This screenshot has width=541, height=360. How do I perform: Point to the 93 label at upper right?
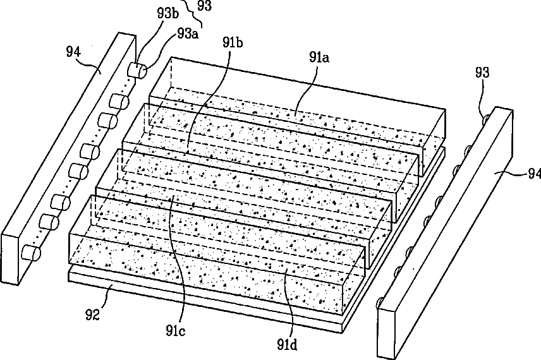pyautogui.click(x=482, y=74)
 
